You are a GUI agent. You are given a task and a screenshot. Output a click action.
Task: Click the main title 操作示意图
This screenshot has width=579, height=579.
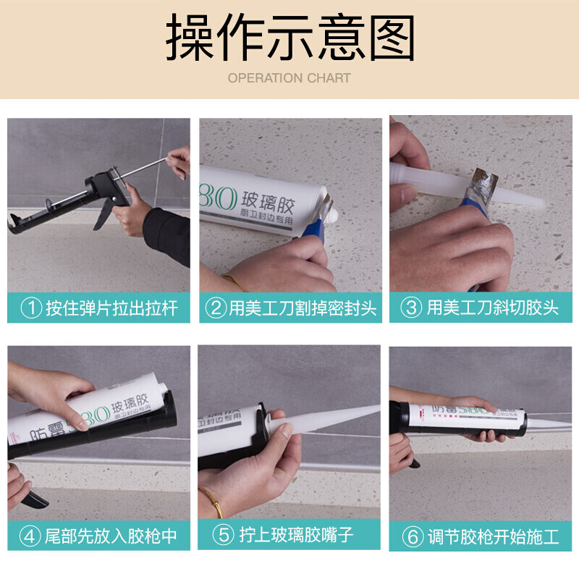coord(289,38)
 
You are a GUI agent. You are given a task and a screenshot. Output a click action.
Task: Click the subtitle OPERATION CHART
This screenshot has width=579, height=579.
coord(289,78)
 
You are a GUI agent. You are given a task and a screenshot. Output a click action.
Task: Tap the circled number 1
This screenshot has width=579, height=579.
coord(31,308)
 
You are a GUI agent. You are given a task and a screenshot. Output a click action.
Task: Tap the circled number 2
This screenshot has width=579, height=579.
coord(216,308)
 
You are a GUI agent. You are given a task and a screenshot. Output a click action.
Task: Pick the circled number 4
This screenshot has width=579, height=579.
coord(30,536)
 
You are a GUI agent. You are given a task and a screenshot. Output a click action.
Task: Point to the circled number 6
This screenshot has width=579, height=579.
coord(413,537)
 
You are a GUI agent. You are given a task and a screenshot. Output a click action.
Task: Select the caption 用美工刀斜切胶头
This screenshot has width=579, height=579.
coord(492,308)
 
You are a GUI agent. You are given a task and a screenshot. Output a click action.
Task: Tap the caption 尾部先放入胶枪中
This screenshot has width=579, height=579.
coord(110,536)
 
